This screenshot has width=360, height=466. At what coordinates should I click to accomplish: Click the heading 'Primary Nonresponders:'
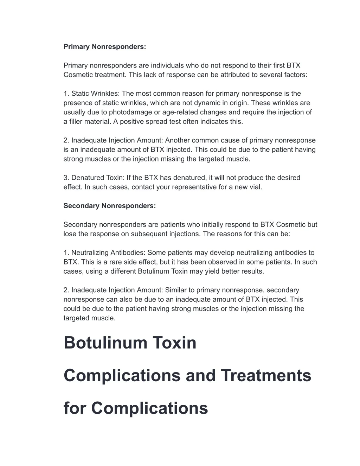[104, 47]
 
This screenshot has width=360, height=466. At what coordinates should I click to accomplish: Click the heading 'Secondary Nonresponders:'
[109, 206]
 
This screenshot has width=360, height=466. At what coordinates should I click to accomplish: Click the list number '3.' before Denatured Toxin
[66, 178]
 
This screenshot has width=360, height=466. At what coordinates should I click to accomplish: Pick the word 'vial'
[255, 187]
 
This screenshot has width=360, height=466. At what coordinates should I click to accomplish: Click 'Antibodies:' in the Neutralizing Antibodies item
[128, 253]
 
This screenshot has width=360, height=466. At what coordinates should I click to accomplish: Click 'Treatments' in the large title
[266, 376]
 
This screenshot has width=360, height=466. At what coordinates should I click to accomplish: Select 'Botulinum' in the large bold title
[105, 343]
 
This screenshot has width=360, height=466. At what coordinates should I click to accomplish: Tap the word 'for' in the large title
[75, 408]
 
